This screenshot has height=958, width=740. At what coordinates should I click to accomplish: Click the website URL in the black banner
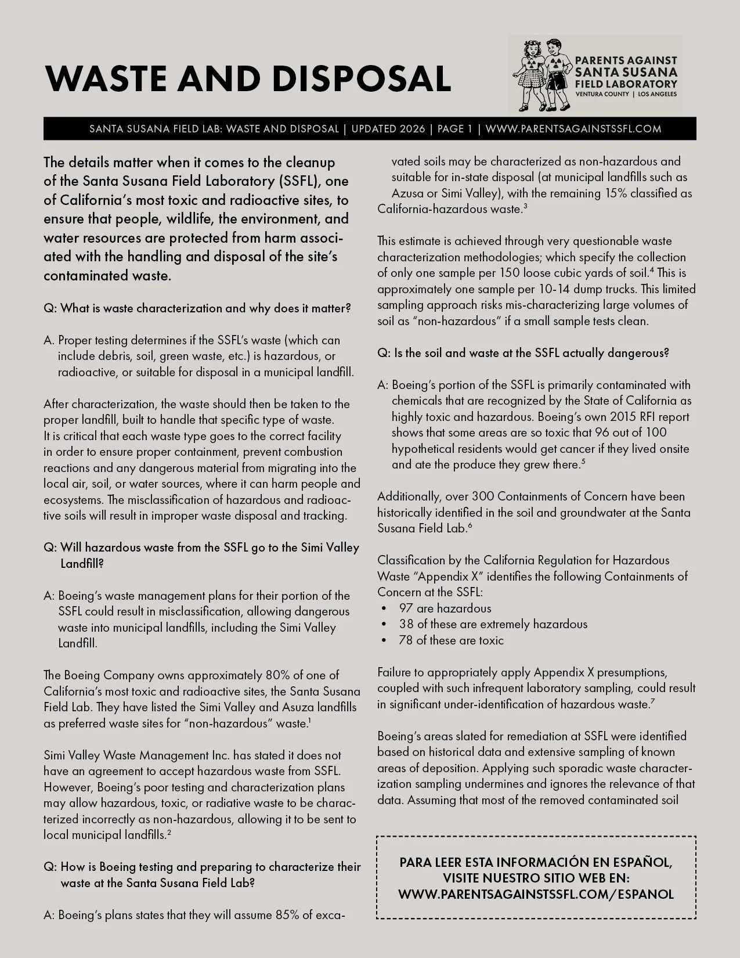pos(573,129)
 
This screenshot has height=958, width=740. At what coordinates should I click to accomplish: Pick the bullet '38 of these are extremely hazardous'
pos(493,624)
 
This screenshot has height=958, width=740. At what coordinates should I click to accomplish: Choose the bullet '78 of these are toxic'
pos(452,640)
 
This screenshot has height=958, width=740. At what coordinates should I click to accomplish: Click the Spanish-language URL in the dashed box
pos(536,894)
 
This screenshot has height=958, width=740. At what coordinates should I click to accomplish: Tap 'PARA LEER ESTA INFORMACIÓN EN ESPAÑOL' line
pos(536,862)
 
